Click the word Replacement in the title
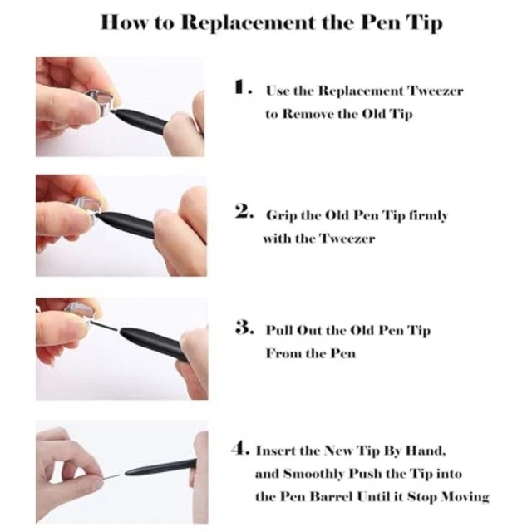pyautogui.click(x=249, y=23)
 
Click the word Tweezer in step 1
pyautogui.click(x=436, y=91)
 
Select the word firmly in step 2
pyautogui.click(x=428, y=216)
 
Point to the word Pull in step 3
pyautogui.click(x=279, y=330)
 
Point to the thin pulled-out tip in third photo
pyautogui.click(x=106, y=327)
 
